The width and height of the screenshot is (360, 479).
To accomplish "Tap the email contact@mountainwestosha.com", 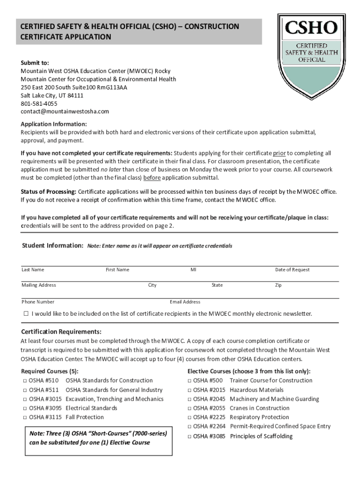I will pyautogui.click(x=65, y=111).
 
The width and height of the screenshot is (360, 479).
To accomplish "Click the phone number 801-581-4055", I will pyautogui.click(x=39, y=103).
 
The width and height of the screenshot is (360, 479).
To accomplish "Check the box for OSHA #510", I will pyautogui.click(x=24, y=381).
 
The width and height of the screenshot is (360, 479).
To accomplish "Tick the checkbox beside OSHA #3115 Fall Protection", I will pyautogui.click(x=24, y=417).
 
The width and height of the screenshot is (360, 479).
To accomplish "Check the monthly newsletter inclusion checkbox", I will pyautogui.click(x=26, y=313).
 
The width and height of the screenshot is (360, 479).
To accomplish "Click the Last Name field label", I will pyautogui.click(x=33, y=269).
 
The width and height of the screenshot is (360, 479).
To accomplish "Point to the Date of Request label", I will pyautogui.click(x=292, y=269).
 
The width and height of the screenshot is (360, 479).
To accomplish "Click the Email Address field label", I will pyautogui.click(x=185, y=302).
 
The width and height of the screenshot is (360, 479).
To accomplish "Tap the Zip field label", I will pyautogui.click(x=278, y=285).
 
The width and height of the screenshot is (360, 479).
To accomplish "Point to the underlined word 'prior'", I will pyautogui.click(x=279, y=153).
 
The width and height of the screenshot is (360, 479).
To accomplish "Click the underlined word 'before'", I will pyautogui.click(x=151, y=178).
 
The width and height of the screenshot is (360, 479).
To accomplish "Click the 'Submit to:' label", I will pyautogui.click(x=35, y=63).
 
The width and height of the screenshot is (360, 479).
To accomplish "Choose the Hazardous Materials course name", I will pyautogui.click(x=257, y=390).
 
